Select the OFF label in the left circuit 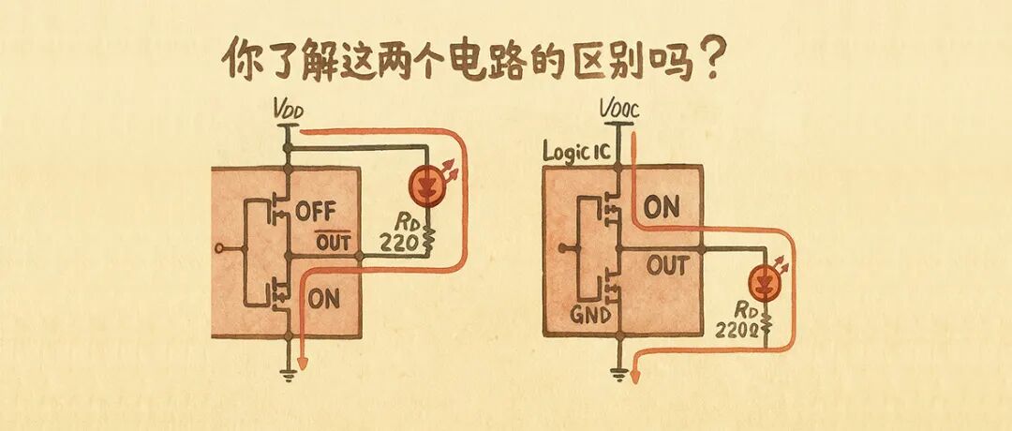tap(315, 210)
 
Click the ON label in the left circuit tap(323, 299)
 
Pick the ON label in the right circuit tap(662, 207)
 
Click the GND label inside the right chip tap(590, 315)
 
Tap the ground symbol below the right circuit tap(618, 374)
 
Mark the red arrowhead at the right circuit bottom tap(636, 378)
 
